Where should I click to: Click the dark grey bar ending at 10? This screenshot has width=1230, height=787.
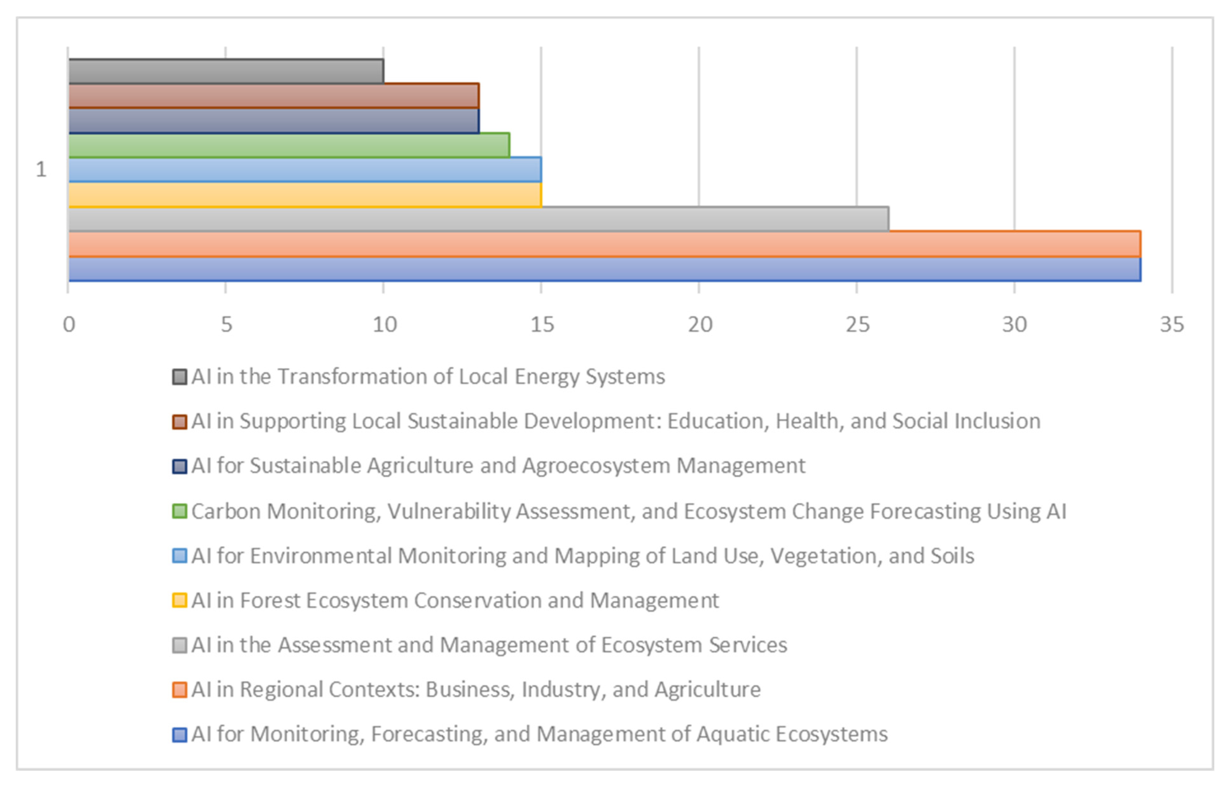click(226, 71)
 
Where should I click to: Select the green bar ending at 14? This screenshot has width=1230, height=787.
click(289, 145)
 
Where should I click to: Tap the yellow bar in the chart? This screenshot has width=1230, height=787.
click(305, 195)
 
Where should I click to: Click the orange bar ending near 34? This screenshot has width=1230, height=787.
click(604, 244)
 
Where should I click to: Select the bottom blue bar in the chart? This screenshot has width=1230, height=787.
click(604, 269)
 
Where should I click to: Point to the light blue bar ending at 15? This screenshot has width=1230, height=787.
click(305, 170)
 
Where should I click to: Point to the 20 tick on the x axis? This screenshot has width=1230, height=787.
click(699, 325)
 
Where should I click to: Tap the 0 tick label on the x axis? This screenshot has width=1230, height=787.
click(69, 325)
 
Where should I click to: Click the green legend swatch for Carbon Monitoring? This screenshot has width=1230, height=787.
click(179, 511)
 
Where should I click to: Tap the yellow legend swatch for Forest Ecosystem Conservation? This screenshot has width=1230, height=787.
click(179, 600)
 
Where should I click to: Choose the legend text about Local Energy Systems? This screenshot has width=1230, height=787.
click(428, 377)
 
